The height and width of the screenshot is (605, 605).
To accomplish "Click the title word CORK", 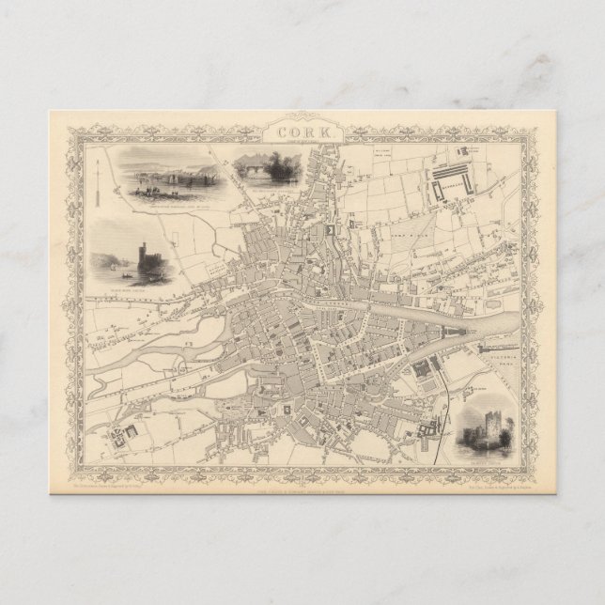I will (x=302, y=132).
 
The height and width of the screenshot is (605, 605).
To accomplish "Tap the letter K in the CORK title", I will (x=322, y=132).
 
